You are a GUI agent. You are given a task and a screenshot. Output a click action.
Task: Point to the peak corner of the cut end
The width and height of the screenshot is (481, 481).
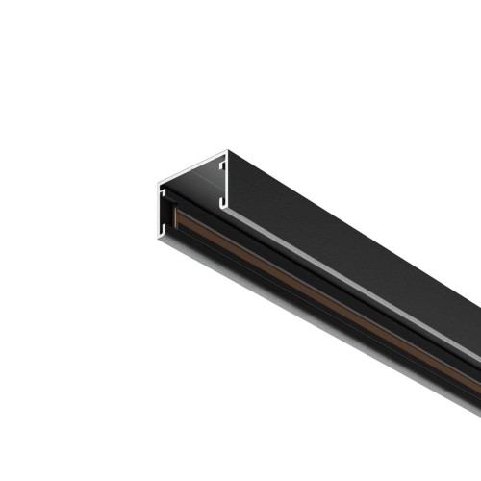227,150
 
